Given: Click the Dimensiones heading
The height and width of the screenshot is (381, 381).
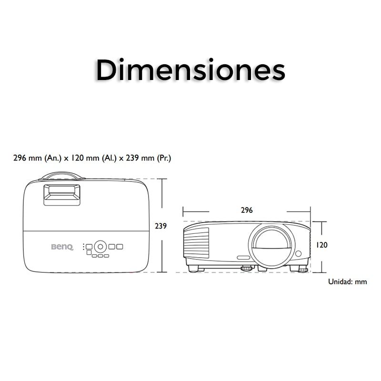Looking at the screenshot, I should click(190, 70).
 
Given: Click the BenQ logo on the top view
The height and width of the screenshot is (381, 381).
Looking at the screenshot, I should click(62, 247).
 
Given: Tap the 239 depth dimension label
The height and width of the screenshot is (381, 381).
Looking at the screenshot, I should click(161, 226).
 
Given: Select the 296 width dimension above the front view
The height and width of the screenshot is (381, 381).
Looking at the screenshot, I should click(247, 210).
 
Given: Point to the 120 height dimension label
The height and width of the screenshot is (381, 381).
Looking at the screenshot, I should click(322, 245).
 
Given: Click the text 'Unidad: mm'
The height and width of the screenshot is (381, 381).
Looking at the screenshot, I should click(348, 281).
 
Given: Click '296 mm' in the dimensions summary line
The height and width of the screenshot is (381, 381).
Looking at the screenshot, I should click(28, 158).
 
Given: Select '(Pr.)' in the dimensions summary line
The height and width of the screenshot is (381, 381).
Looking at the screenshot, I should click(164, 158).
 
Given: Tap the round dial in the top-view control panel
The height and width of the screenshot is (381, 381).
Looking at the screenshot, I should click(100, 246).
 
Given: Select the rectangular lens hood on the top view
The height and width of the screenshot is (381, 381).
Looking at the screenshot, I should click(62, 194).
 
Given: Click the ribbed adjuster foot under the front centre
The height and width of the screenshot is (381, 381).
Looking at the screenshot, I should click(246, 268).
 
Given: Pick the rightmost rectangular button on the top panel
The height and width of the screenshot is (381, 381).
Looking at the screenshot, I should click(119, 247).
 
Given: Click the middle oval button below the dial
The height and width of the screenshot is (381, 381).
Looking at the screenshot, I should click(100, 256).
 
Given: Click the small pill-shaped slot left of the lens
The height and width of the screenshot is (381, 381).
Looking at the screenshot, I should click(243, 258).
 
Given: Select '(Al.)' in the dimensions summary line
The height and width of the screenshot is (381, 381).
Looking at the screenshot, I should click(109, 158).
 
